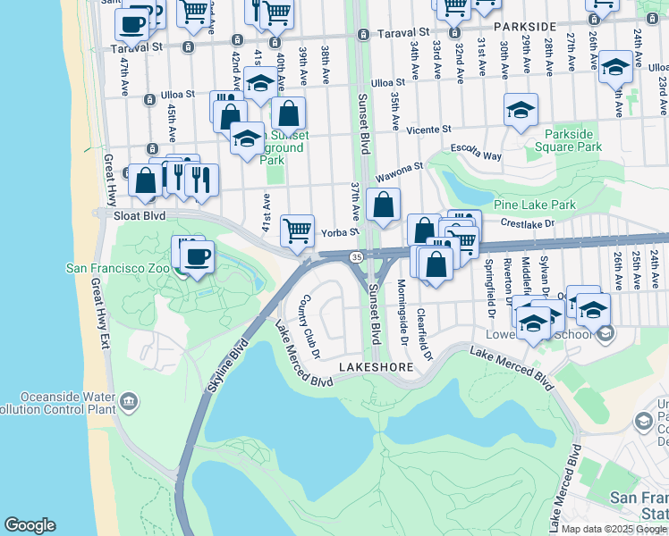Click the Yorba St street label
point(341,231)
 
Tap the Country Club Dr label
point(310,323)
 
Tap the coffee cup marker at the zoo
point(198,257)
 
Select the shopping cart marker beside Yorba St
point(297,230)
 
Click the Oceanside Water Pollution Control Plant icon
point(131,402)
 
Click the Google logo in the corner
point(30,525)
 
